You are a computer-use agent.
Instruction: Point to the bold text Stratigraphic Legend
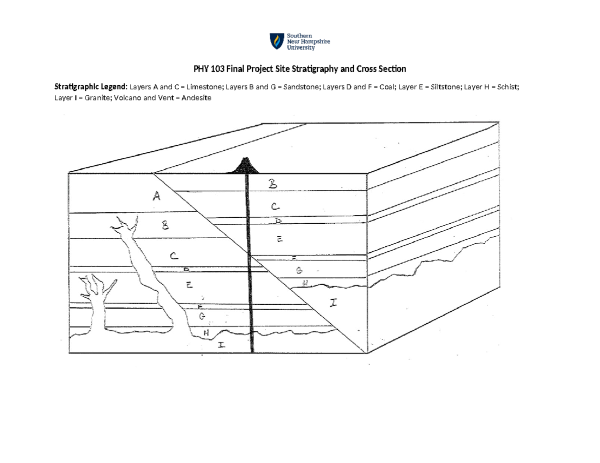[x=91, y=87]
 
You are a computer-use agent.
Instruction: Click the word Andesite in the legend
[x=196, y=98]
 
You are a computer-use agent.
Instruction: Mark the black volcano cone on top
[x=245, y=166]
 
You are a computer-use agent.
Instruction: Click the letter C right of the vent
[x=276, y=206]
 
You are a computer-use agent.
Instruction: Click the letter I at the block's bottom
[x=220, y=344]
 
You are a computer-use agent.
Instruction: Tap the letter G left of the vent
[x=202, y=317]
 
